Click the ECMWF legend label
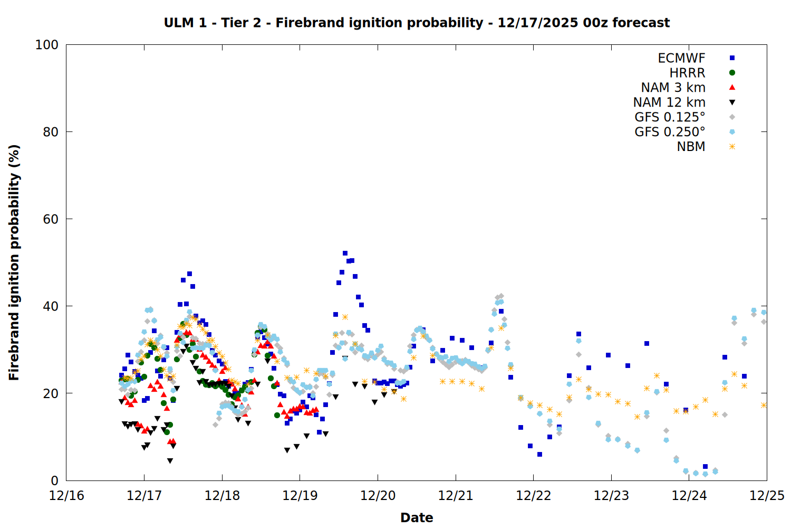click(x=681, y=58)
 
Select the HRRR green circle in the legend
click(x=732, y=73)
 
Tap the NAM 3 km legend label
click(x=673, y=88)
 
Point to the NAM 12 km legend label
click(x=669, y=102)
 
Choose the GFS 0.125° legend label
click(x=670, y=117)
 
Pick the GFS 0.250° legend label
click(x=670, y=132)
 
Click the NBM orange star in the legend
click(x=732, y=147)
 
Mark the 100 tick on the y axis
click(x=47, y=45)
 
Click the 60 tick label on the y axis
click(x=51, y=219)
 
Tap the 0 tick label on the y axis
click(x=54, y=480)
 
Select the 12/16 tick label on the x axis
click(x=66, y=496)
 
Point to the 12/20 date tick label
click(x=378, y=496)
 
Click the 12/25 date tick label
click(x=767, y=496)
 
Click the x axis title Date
click(x=417, y=517)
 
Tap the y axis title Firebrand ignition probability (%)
click(x=14, y=262)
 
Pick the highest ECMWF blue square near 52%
click(x=345, y=253)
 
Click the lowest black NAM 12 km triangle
click(x=170, y=461)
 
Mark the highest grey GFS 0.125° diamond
click(x=501, y=296)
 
